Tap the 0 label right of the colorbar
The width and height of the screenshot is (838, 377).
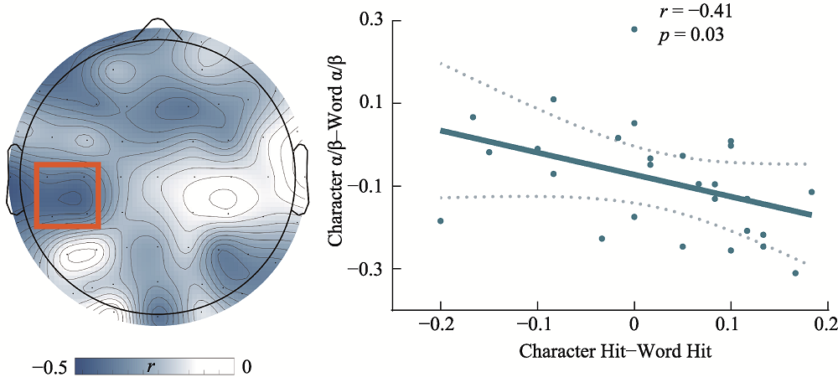246,366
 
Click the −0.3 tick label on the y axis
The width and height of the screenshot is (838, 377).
366,268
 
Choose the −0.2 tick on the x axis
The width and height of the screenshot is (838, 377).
441,323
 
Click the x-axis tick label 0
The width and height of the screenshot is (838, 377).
634,323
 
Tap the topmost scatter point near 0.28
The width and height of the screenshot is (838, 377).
634,29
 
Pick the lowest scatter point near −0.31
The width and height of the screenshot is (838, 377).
795,273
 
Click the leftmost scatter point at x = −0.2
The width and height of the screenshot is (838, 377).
441,221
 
